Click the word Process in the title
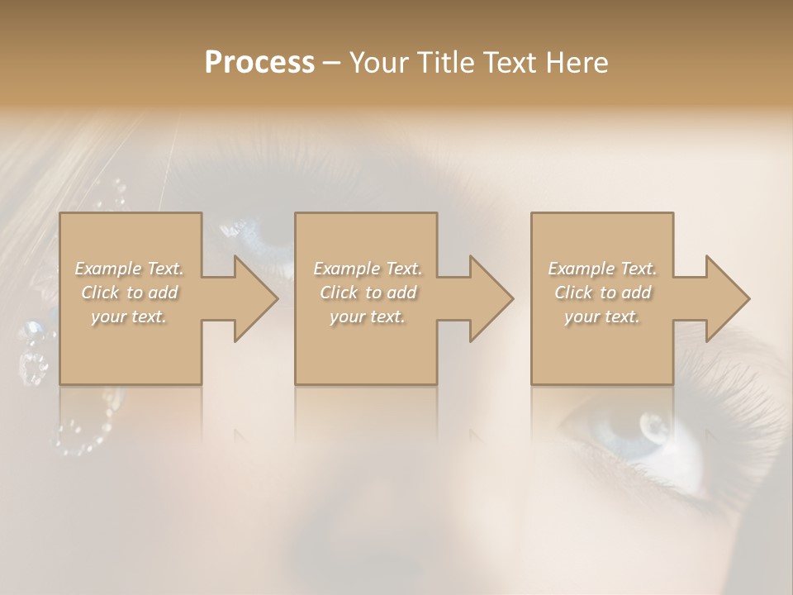click(259, 63)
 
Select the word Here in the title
click(577, 63)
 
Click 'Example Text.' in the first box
click(129, 269)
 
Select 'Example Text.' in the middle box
click(367, 269)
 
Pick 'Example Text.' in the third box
click(602, 269)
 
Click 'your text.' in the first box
click(129, 317)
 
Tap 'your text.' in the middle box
click(367, 317)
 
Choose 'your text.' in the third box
click(602, 317)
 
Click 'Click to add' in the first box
click(129, 293)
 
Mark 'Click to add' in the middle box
click(367, 293)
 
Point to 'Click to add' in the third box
click(602, 293)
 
